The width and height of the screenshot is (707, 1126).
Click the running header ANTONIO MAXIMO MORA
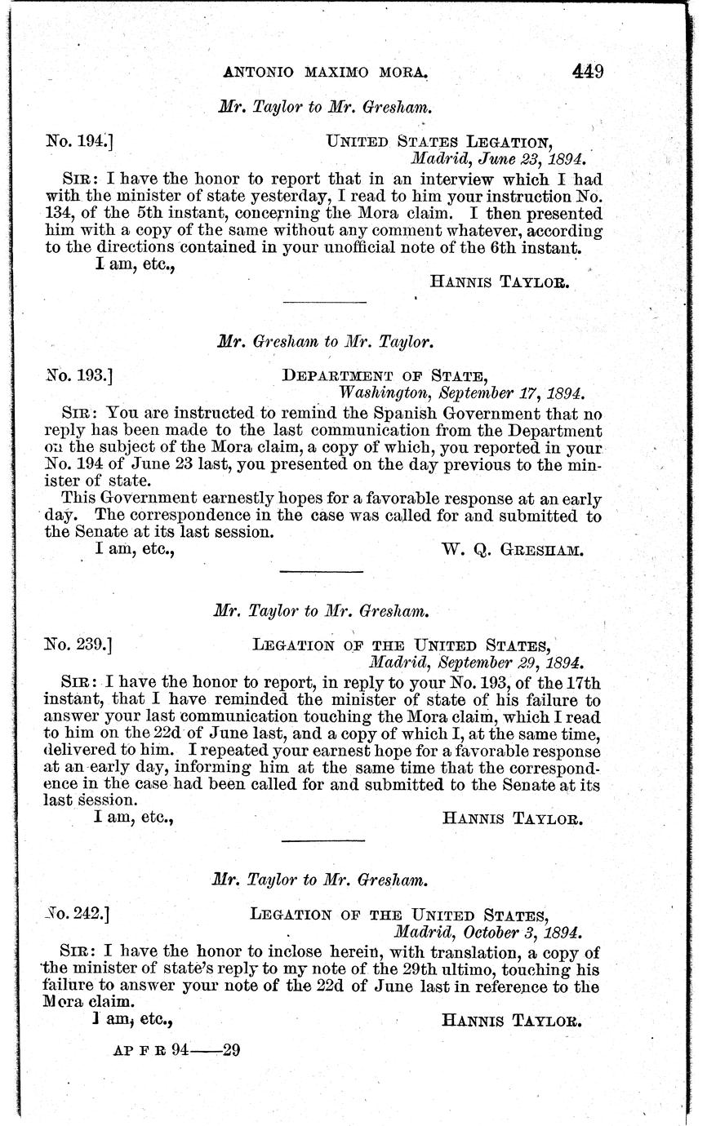pyautogui.click(x=326, y=73)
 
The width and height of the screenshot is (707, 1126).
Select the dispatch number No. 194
pyautogui.click(x=79, y=140)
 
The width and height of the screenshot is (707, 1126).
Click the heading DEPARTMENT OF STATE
pyautogui.click(x=385, y=375)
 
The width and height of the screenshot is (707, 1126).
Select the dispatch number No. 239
pyautogui.click(x=78, y=644)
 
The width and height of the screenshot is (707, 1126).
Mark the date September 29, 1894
pyautogui.click(x=477, y=661)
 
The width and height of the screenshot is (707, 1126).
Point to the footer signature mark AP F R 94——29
pyautogui.click(x=176, y=1051)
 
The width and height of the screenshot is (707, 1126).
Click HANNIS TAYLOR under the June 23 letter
pyautogui.click(x=499, y=282)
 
